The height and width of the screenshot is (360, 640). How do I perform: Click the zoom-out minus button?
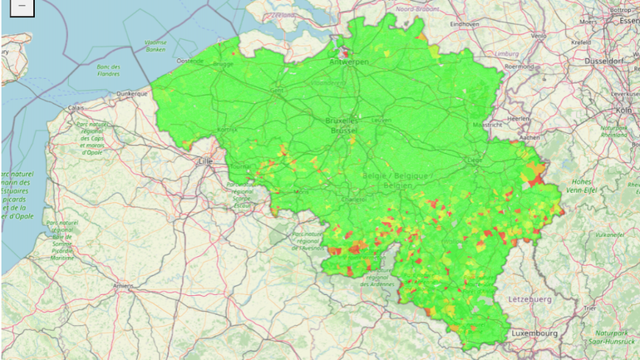[21, 7]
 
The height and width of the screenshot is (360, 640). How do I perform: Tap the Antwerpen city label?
[348, 62]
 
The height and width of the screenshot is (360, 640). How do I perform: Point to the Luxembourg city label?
[534, 333]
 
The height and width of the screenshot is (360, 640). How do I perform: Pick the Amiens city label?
[124, 286]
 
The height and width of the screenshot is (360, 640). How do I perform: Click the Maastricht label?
[487, 125]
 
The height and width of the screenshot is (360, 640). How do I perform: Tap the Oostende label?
[190, 61]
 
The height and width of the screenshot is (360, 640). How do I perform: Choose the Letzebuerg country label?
[528, 298]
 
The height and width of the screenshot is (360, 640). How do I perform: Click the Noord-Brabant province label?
[417, 8]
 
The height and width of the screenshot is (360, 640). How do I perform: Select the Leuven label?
[382, 120]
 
